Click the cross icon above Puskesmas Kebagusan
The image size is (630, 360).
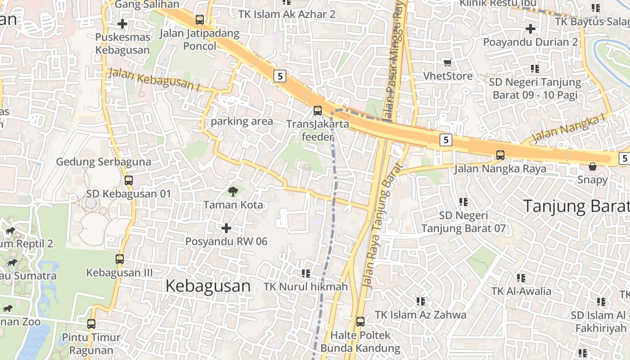122,24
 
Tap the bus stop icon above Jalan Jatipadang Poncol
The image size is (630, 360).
199,20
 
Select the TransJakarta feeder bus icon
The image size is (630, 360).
318,110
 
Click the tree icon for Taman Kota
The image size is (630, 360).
233,192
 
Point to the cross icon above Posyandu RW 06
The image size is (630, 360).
226,228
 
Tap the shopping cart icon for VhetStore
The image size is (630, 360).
447,63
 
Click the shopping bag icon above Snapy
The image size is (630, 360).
593,166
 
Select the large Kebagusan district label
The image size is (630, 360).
208,286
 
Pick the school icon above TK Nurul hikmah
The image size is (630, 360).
306,273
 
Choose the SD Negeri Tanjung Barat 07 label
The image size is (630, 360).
463,222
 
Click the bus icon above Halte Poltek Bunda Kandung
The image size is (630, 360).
360,322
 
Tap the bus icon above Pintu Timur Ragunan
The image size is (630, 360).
91,324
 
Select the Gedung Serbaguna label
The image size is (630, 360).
103,162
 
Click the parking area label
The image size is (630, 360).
242,121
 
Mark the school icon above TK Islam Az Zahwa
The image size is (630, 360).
421,301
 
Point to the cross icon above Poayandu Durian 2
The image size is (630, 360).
531,29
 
